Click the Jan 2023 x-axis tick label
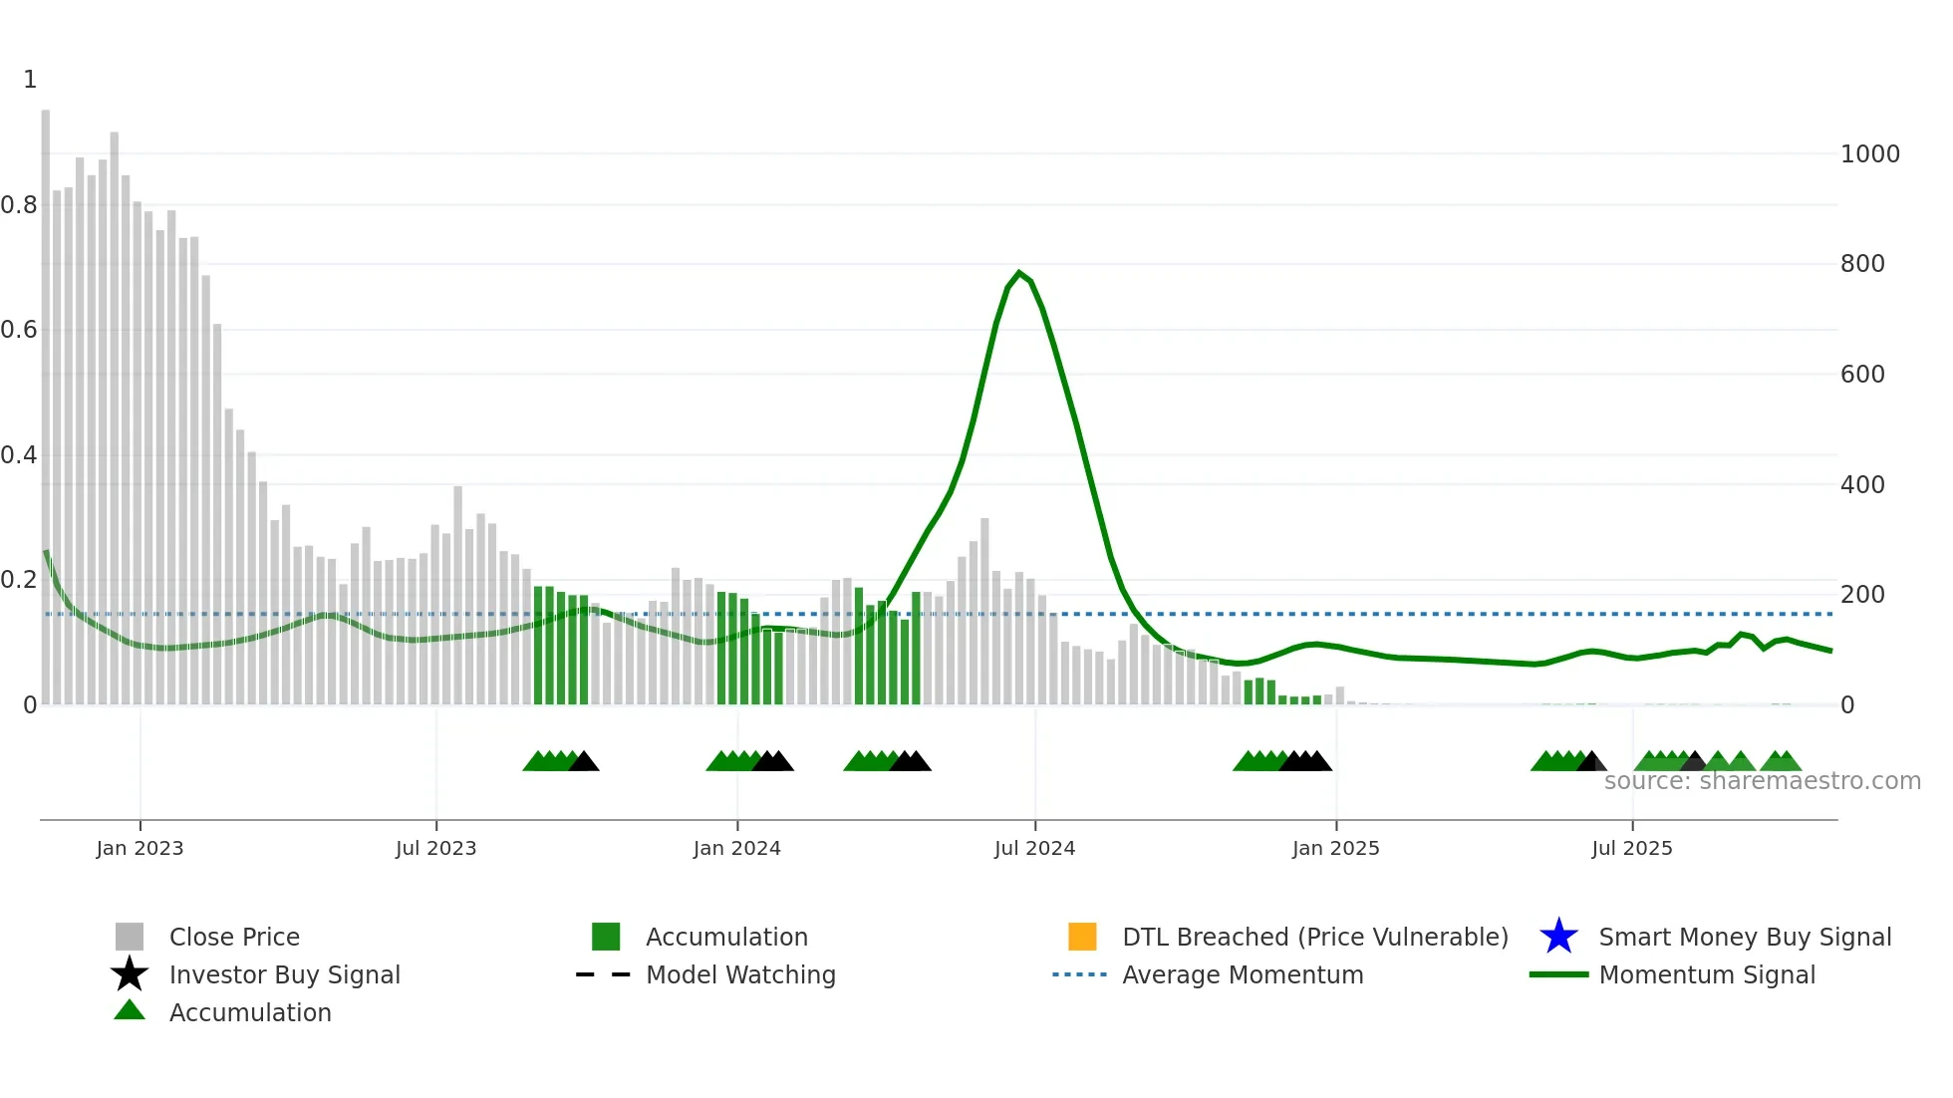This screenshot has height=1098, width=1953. pos(139,848)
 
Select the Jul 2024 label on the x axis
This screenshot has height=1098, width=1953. pos(1034,848)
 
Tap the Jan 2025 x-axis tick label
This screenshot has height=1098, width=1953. pos(1335,848)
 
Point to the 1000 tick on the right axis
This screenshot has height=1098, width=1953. pos(1869,154)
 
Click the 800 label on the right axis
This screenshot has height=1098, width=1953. pos(1861,264)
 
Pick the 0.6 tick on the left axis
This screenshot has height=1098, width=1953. pos(18,330)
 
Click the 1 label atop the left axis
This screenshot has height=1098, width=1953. pos(30,80)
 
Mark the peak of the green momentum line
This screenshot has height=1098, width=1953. pos(1018,272)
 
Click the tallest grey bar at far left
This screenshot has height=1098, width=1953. pos(46,399)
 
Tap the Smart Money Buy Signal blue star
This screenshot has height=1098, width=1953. pos(1558,937)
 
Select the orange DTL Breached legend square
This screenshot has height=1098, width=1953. pos(1082,937)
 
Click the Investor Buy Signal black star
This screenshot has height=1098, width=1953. pos(130,974)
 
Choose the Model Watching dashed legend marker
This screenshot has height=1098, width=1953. pos(604,974)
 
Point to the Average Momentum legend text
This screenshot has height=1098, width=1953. pos(1243,974)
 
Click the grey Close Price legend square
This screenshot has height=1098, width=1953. pos(130,937)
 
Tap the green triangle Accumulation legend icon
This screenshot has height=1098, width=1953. pos(130,1010)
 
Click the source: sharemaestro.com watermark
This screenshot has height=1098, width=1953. pos(1762,781)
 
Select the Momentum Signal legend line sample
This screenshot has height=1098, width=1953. pos(1558,974)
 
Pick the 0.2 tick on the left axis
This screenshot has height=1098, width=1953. pos(18,580)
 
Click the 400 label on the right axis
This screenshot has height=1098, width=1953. pos(1861,485)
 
